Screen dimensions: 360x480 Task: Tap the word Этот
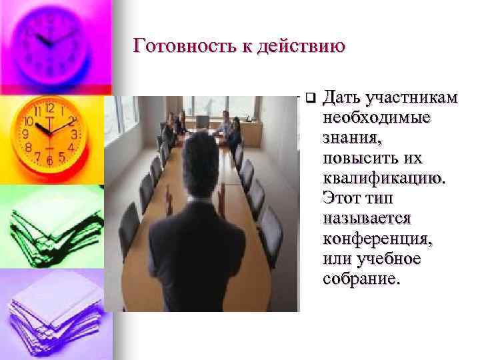click(x=341, y=198)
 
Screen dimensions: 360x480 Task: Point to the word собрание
click(x=361, y=278)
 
